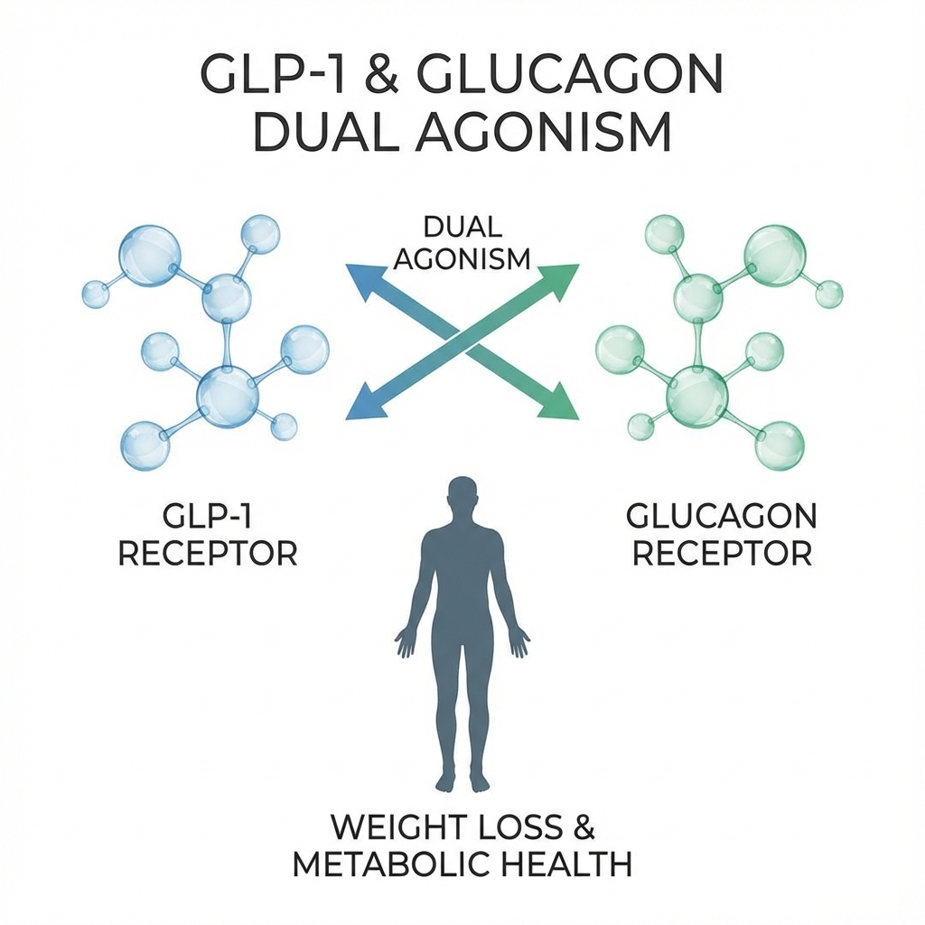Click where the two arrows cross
[x=462, y=341]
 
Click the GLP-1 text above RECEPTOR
[x=208, y=517]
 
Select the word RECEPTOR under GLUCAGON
[x=722, y=553]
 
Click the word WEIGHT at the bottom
[x=391, y=829]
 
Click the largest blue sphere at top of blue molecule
[x=149, y=256]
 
